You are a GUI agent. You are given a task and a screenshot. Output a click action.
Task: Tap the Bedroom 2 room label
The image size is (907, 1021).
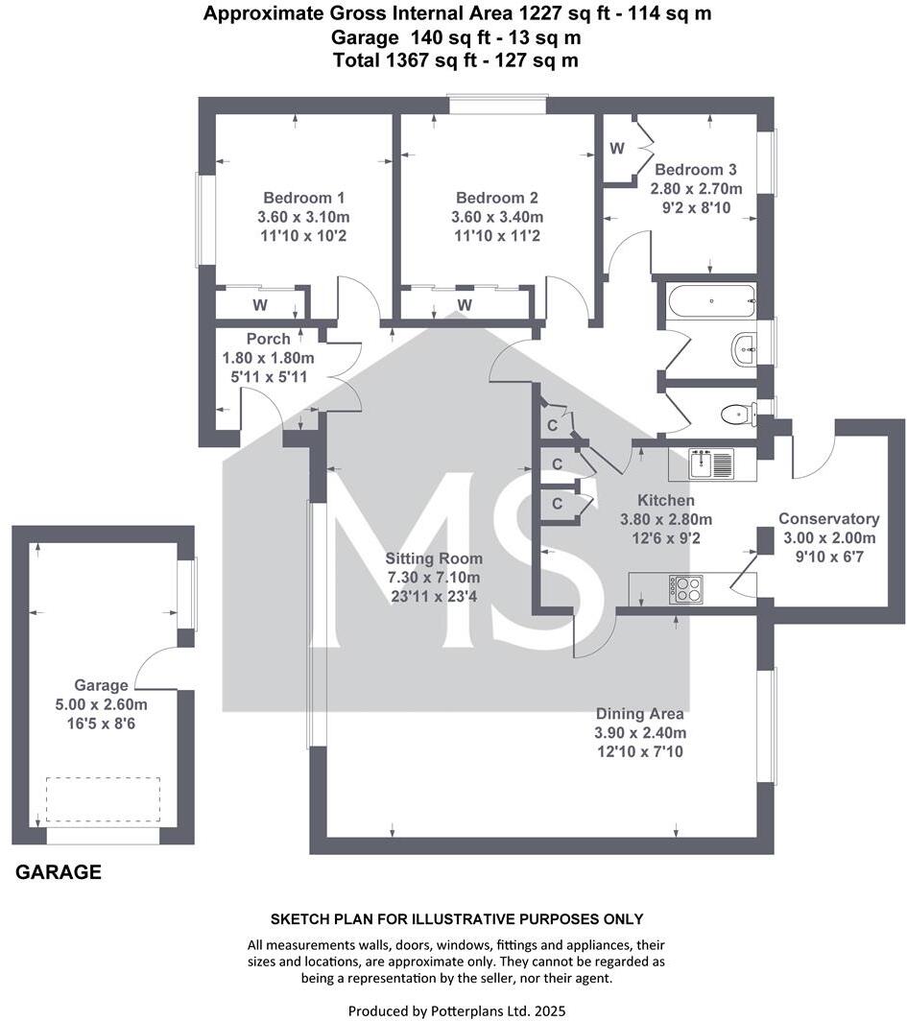(x=496, y=197)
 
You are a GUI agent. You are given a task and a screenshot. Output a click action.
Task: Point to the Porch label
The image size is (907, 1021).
(x=268, y=339)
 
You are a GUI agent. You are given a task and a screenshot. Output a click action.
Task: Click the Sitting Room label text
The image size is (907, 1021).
(x=434, y=558)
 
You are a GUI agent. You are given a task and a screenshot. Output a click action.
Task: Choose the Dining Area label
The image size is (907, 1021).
(x=639, y=713)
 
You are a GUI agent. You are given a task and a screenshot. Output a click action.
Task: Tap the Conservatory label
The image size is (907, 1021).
(x=828, y=518)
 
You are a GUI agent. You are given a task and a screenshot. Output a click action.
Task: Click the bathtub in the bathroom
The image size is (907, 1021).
(x=710, y=300)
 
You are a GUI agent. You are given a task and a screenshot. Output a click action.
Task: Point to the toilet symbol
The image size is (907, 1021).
(x=735, y=415)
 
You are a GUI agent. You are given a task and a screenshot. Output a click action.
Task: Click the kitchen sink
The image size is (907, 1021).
(x=711, y=465)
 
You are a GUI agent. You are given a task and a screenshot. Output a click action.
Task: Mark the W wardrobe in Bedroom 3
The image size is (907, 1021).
(x=617, y=149)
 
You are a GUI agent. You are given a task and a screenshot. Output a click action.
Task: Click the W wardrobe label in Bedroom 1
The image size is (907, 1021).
(x=259, y=305)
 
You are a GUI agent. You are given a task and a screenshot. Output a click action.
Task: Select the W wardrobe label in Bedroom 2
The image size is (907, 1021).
(x=465, y=305)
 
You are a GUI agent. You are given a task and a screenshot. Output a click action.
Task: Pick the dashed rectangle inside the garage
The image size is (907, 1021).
(x=103, y=799)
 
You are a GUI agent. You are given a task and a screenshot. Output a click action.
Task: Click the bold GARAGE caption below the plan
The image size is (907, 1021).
(x=59, y=872)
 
